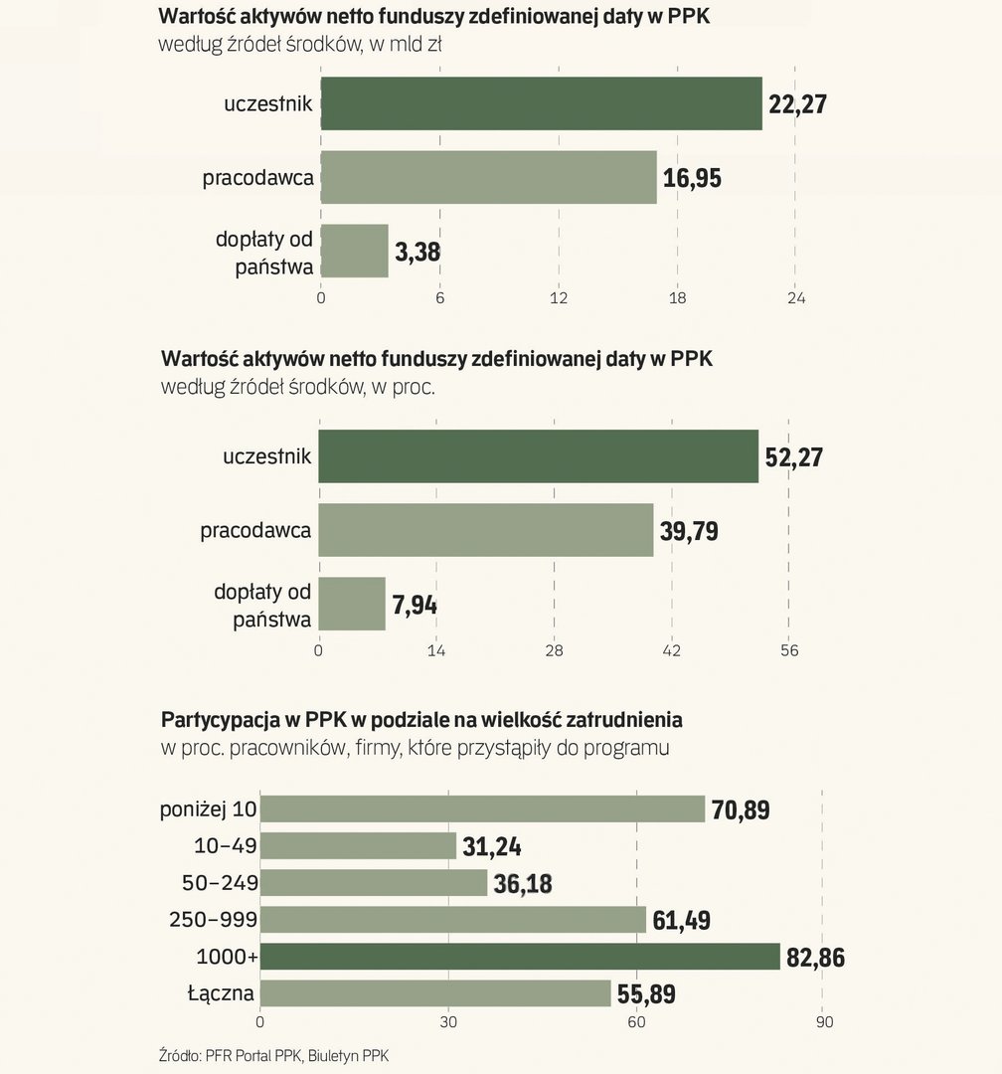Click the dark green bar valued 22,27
coord(541,103)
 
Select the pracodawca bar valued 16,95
coord(488,177)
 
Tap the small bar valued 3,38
coord(354,251)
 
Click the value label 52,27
coord(794,457)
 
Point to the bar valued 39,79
coord(486,530)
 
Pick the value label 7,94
coord(415,605)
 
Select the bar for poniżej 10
coord(482,809)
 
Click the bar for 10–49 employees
coord(358,846)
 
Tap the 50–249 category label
coord(220,883)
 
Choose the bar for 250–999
coord(453,920)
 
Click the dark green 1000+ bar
coord(520,957)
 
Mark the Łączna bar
coord(435,993)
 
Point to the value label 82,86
coord(815,958)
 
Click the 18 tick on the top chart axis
coord(678,298)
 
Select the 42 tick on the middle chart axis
coord(671,651)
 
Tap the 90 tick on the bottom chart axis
coord(823,1021)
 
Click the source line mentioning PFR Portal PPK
coord(267,1054)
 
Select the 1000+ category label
coord(227,957)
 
